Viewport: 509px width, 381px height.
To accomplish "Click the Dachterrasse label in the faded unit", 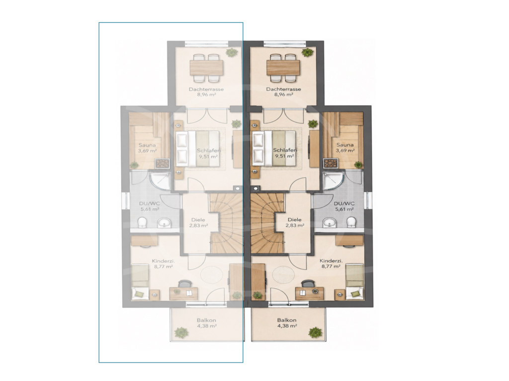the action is [206, 89].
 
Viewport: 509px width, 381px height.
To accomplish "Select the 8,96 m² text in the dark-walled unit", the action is [284, 95].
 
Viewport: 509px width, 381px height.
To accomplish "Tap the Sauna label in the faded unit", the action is [147, 145].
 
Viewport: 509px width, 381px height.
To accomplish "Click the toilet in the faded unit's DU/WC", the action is [142, 223].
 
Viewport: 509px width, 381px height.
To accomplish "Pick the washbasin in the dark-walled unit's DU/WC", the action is [331, 223].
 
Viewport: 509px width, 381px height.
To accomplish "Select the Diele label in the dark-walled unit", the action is [294, 220].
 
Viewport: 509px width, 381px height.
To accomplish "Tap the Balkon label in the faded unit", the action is [206, 320].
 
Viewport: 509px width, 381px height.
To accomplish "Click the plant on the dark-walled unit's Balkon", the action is [315, 332].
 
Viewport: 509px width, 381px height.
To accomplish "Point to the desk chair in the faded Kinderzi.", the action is [184, 283].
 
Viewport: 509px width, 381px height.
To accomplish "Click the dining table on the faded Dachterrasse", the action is [206, 67].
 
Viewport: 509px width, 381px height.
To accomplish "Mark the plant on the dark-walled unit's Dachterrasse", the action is [307, 52].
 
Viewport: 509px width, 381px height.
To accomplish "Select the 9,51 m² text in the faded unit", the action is [209, 156].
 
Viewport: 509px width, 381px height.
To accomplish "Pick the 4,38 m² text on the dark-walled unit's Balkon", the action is [287, 326].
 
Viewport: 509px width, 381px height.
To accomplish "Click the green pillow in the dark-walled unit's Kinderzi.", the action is [355, 294].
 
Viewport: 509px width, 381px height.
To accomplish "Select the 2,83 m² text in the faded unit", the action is [199, 226].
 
